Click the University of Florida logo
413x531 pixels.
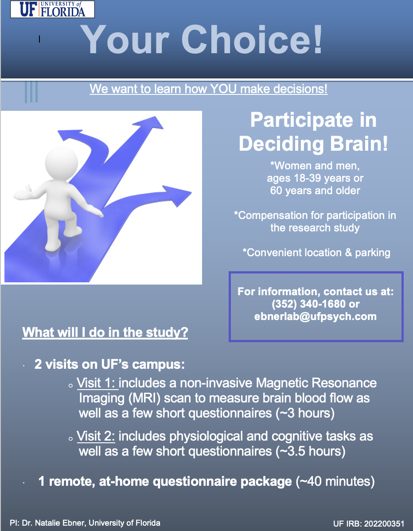pyautogui.click(x=51, y=9)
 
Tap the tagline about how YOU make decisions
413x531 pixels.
pyautogui.click(x=208, y=89)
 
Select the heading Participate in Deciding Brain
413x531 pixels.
pyautogui.click(x=313, y=133)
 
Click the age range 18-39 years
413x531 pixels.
pyautogui.click(x=315, y=178)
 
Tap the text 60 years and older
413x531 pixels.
pyautogui.click(x=315, y=191)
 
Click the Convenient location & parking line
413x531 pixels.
pyautogui.click(x=316, y=253)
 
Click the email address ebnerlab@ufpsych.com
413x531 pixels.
pyautogui.click(x=315, y=316)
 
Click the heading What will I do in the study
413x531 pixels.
pyautogui.click(x=105, y=332)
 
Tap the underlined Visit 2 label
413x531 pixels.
pyautogui.click(x=96, y=437)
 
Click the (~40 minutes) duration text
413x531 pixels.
pyautogui.click(x=335, y=481)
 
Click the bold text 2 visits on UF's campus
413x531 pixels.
pyautogui.click(x=109, y=365)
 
